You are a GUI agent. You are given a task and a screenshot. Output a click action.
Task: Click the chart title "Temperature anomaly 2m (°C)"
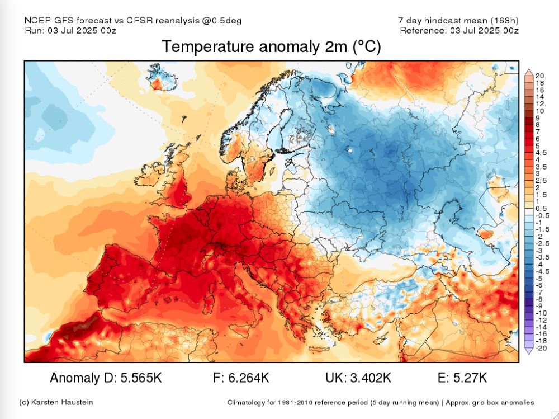[271, 47]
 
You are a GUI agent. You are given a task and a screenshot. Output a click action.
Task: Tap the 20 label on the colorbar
[539, 76]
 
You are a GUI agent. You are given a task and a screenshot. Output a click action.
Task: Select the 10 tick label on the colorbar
[539, 111]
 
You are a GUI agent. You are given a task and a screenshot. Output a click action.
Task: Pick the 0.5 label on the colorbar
[541, 208]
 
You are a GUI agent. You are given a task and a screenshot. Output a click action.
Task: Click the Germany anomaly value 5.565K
[141, 378]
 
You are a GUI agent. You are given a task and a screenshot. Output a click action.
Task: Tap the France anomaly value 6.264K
[249, 378]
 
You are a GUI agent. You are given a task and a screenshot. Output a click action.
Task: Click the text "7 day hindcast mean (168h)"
[458, 21]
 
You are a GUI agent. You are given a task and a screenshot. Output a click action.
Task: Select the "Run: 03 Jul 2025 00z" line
[70, 30]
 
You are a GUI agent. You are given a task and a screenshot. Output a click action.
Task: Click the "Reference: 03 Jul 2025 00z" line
[459, 30]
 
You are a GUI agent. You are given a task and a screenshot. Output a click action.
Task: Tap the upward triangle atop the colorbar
[528, 72]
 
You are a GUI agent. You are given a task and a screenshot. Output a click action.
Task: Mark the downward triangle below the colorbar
[528, 351]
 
